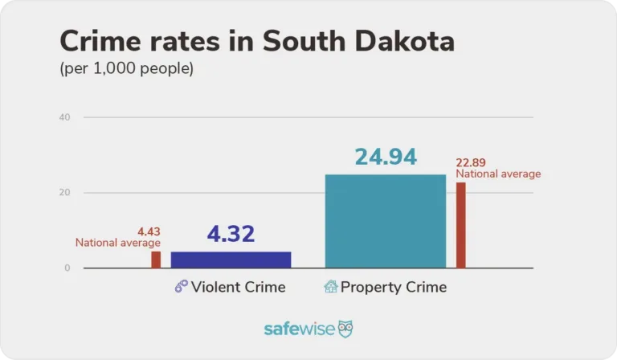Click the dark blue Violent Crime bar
point(231,260)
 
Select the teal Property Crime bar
point(385,221)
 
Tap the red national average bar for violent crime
point(156,260)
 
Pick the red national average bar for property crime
point(460,225)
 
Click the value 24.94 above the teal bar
point(386,157)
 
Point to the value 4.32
point(231,234)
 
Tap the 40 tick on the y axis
point(65,117)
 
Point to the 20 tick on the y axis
point(65,193)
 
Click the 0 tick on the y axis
point(67,268)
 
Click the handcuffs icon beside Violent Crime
point(181,287)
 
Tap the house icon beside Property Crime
point(330,287)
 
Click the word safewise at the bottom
point(300,329)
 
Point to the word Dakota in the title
point(407,43)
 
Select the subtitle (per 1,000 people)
point(127,69)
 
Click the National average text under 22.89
point(498,174)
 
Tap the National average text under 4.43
point(118,243)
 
